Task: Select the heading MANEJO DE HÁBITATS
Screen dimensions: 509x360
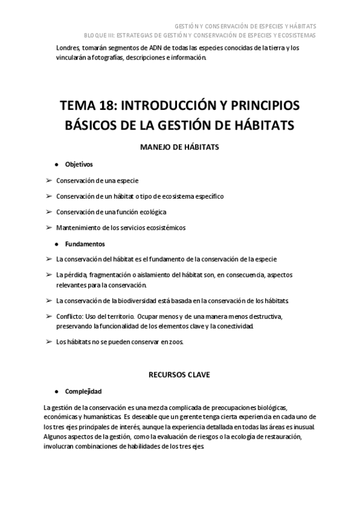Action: point(180,146)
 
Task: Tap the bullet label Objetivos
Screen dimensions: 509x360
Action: point(79,164)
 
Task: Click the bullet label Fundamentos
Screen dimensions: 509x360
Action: point(85,244)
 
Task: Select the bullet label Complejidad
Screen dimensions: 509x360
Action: point(83,390)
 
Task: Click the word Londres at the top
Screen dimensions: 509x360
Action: point(67,47)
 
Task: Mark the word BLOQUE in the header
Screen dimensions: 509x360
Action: point(94,35)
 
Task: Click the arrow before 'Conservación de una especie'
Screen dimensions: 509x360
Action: point(49,179)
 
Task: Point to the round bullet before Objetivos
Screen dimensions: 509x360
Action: point(56,164)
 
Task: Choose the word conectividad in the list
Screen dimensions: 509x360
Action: point(236,326)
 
